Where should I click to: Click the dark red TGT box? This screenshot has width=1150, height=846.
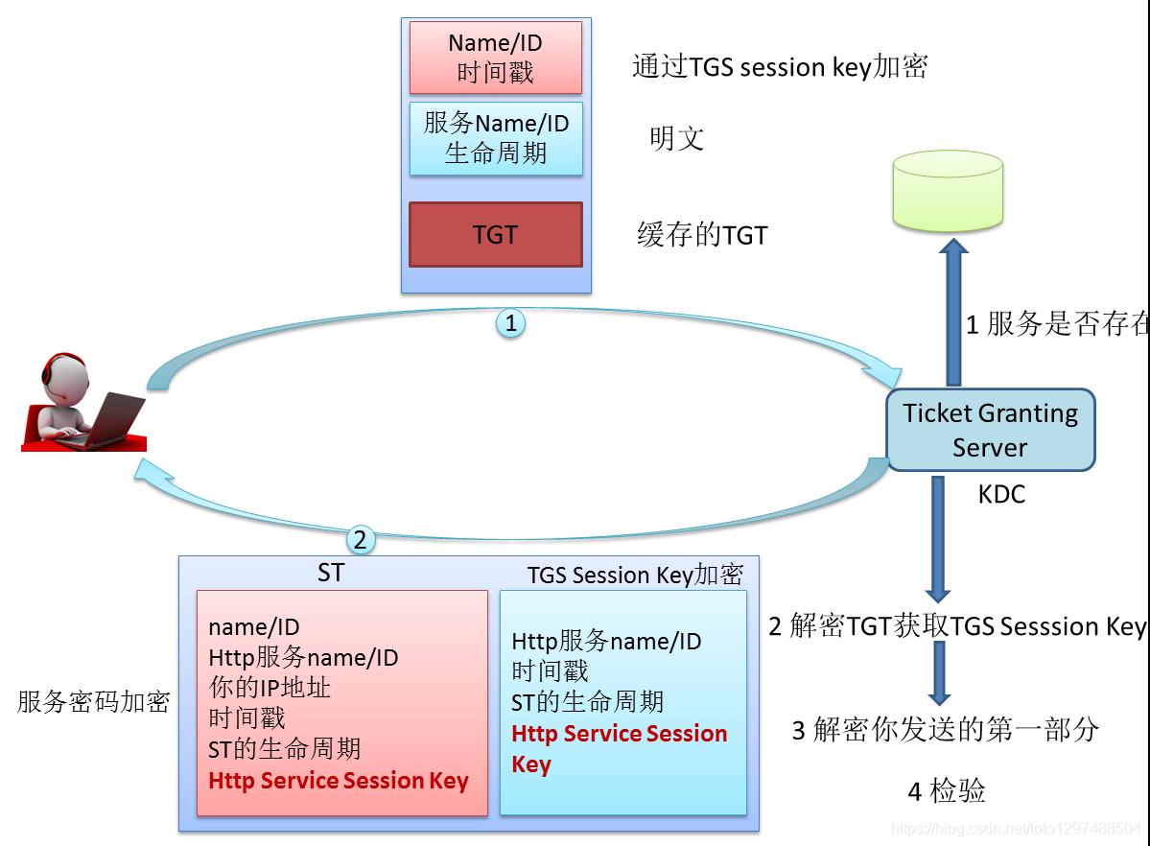[495, 234]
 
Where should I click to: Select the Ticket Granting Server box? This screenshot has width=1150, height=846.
[990, 430]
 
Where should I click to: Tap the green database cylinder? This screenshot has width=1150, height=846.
[948, 192]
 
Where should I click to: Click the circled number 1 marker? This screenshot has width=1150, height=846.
[510, 323]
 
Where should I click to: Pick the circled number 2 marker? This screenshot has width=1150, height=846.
[360, 540]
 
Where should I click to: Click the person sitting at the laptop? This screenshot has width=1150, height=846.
[82, 403]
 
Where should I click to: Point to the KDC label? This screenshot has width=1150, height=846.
[1001, 494]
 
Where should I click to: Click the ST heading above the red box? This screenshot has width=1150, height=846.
[331, 573]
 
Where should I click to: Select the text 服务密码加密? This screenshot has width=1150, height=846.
[93, 702]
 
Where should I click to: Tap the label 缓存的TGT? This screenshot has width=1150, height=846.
[702, 235]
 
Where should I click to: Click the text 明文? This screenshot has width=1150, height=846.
[676, 138]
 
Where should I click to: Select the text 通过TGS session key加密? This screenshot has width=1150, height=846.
[779, 67]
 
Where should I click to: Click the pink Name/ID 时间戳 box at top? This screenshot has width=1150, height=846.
[495, 58]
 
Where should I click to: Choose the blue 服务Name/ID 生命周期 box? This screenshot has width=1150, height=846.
[495, 138]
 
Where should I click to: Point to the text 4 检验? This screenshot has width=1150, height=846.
[946, 791]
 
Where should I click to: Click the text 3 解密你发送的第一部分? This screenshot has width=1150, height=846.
[945, 730]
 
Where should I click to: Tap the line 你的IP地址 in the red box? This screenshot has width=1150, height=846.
[270, 688]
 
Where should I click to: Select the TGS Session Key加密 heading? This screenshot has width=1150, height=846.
[635, 575]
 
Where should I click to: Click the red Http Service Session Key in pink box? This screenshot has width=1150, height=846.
[338, 781]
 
